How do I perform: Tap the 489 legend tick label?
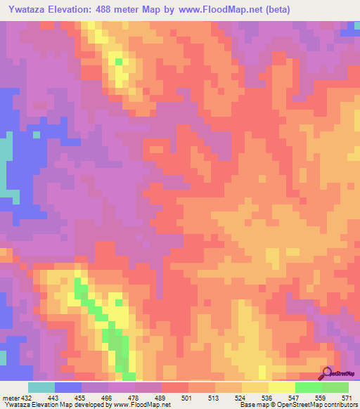pyautogui.click(x=161, y=398)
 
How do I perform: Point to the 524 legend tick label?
pyautogui.click(x=241, y=398)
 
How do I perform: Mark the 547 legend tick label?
pyautogui.click(x=295, y=398)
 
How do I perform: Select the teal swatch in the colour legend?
pyautogui.click(x=41, y=387)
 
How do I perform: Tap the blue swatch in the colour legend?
pyautogui.click(x=67, y=387)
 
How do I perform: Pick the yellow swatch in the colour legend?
pyautogui.click(x=281, y=387)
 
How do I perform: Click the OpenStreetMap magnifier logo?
pyautogui.click(x=328, y=373)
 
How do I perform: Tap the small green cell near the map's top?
pyautogui.click(x=119, y=62)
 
